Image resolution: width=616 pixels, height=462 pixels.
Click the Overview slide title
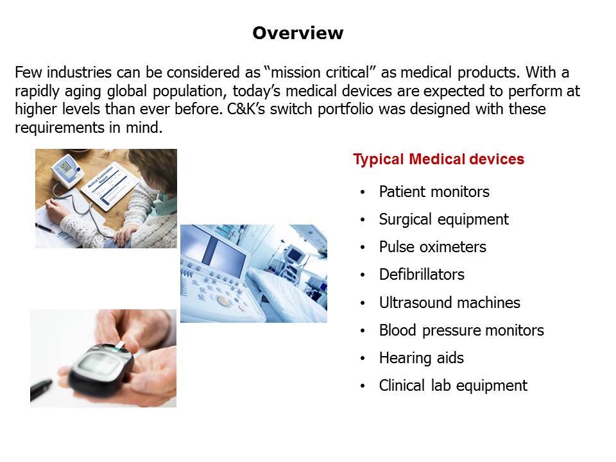(x=298, y=33)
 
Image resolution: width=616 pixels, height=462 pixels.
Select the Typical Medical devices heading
(x=438, y=160)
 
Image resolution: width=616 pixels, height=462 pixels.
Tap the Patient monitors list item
(x=434, y=192)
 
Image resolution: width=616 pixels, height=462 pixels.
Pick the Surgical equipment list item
(x=444, y=219)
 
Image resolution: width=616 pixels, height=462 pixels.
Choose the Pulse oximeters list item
(x=432, y=247)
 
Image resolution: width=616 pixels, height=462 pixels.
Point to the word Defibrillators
(x=422, y=275)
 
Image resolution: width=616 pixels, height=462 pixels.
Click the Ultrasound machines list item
(x=449, y=302)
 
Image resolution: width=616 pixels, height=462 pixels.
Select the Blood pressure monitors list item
(x=461, y=330)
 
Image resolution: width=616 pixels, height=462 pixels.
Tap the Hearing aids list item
(x=421, y=358)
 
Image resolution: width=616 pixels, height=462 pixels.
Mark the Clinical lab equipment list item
(x=453, y=386)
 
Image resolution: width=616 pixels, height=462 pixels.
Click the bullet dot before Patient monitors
(x=362, y=192)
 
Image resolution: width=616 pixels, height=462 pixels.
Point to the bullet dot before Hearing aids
(x=362, y=358)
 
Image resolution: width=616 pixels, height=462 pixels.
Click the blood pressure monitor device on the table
(x=67, y=171)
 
